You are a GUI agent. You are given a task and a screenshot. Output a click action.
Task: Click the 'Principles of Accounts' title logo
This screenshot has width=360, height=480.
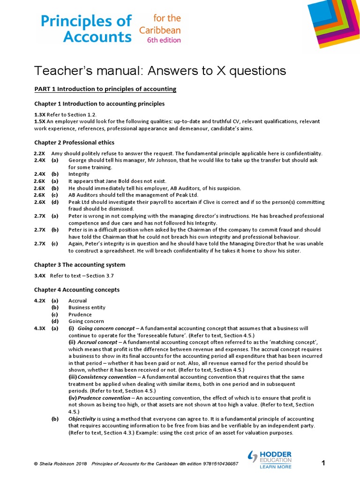click(x=86, y=29)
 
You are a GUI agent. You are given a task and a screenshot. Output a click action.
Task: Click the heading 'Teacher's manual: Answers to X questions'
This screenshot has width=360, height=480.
click(x=160, y=71)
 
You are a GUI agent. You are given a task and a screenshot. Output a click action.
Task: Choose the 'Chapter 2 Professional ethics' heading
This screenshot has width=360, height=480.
click(x=74, y=142)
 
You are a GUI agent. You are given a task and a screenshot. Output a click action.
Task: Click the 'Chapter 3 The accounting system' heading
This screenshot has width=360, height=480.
click(x=80, y=265)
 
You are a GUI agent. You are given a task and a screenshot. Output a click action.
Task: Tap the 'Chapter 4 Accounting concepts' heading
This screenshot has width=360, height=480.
click(x=77, y=290)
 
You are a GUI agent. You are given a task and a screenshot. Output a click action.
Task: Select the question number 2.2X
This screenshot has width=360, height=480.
click(x=40, y=154)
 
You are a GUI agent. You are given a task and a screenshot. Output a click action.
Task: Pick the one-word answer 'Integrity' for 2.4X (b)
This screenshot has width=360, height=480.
click(x=79, y=174)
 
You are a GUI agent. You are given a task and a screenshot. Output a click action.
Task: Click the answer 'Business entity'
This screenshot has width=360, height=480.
click(x=87, y=307)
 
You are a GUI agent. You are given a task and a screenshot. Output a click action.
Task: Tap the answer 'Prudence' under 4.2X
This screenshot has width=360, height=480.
click(x=80, y=315)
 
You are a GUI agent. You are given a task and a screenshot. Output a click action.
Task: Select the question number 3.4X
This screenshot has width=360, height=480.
click(x=40, y=276)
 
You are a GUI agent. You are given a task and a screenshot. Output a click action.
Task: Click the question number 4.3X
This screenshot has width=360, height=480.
click(x=40, y=329)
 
